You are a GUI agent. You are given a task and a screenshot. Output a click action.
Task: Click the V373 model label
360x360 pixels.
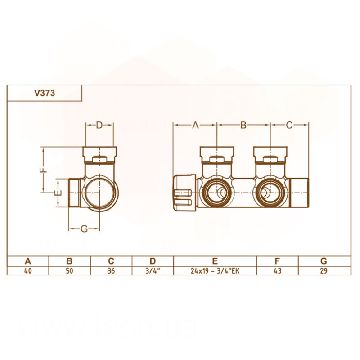(45, 94)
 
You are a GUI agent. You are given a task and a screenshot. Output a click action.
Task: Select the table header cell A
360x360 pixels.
(28, 261)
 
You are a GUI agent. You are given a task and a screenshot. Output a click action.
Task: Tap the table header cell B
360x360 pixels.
(69, 261)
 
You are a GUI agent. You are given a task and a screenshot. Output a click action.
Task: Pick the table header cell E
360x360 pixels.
(215, 261)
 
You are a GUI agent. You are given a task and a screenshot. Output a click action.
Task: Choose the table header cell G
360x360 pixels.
(324, 261)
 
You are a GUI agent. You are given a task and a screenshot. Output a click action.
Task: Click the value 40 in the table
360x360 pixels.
(28, 270)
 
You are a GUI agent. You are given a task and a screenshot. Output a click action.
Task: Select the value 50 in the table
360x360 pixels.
(69, 270)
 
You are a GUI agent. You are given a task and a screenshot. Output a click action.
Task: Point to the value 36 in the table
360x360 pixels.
(111, 270)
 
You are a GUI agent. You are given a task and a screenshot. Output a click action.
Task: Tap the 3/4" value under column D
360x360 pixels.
(153, 270)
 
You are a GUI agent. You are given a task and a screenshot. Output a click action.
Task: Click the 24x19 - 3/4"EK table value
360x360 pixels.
(215, 270)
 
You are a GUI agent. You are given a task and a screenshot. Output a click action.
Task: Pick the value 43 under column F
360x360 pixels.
(277, 270)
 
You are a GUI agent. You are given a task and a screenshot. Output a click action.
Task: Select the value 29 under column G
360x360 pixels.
(324, 270)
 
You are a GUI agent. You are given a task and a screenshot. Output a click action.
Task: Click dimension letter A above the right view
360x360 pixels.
(195, 125)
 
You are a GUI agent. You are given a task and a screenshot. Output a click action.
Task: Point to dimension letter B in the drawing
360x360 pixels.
(243, 125)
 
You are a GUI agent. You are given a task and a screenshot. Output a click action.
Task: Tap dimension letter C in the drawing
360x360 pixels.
(289, 125)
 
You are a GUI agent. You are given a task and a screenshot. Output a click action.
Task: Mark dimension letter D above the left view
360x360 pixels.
(99, 125)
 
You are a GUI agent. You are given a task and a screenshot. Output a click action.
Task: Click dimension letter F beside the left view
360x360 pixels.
(43, 170)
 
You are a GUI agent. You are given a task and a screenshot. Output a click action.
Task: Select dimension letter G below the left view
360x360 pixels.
(84, 229)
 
